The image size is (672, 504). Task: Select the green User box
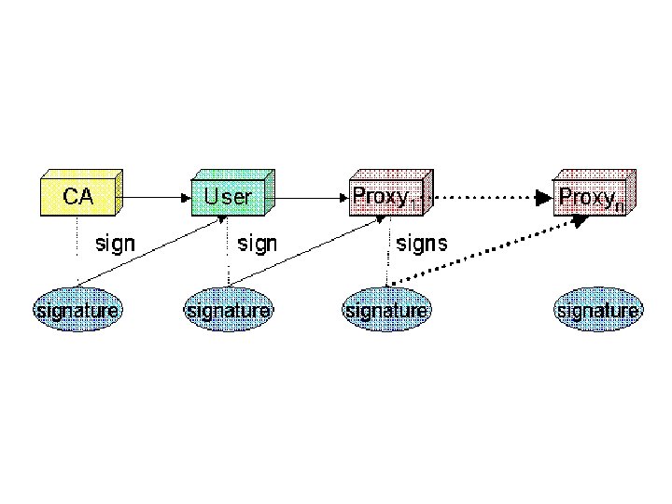pyautogui.click(x=228, y=197)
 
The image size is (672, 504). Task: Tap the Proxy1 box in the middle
pyautogui.click(x=384, y=197)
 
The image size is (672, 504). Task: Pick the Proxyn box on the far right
pyautogui.click(x=592, y=197)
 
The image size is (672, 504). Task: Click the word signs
pyautogui.click(x=422, y=245)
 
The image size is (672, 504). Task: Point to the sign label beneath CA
pyautogui.click(x=116, y=245)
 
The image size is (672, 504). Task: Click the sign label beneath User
pyautogui.click(x=258, y=245)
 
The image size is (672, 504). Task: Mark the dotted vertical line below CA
pyautogui.click(x=77, y=238)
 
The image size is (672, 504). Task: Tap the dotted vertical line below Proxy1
pyautogui.click(x=387, y=257)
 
